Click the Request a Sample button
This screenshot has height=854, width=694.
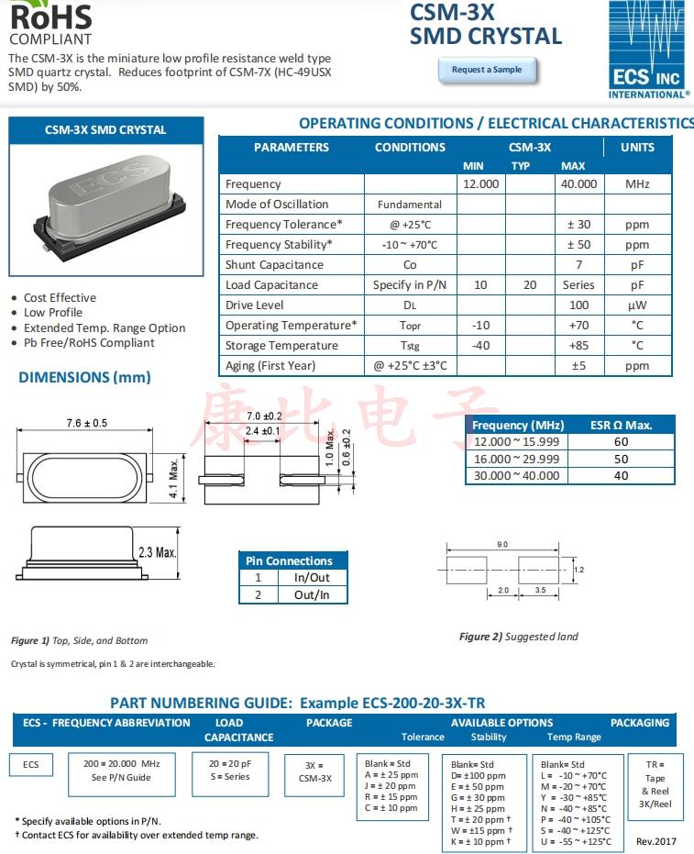click(487, 70)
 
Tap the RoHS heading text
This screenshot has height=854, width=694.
click(50, 16)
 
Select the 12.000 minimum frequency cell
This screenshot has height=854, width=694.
click(480, 184)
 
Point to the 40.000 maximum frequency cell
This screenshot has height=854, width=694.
click(578, 184)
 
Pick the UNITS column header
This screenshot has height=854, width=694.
click(637, 147)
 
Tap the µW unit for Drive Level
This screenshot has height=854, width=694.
click(637, 305)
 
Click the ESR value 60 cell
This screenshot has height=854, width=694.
click(621, 442)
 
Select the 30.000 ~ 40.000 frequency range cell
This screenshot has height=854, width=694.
click(516, 476)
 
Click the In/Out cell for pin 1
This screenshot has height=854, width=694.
click(312, 578)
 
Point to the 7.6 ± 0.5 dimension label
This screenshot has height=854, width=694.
click(87, 423)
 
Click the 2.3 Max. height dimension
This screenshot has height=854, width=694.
click(157, 552)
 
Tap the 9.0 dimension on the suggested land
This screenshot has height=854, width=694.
click(502, 545)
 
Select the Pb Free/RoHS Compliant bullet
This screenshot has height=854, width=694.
click(89, 343)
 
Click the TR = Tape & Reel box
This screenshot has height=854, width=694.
click(655, 784)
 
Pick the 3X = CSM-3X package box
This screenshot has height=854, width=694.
click(315, 771)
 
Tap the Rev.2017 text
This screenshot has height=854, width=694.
click(655, 841)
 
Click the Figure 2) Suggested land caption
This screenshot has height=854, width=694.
click(518, 637)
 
